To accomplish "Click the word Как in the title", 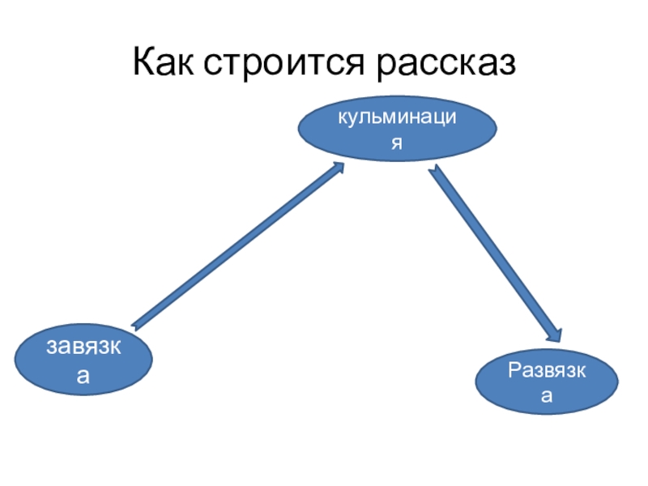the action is click(168, 63).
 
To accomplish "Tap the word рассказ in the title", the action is click(445, 63).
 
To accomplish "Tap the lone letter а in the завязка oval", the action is click(83, 376).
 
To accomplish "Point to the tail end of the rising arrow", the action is click(135, 326).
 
